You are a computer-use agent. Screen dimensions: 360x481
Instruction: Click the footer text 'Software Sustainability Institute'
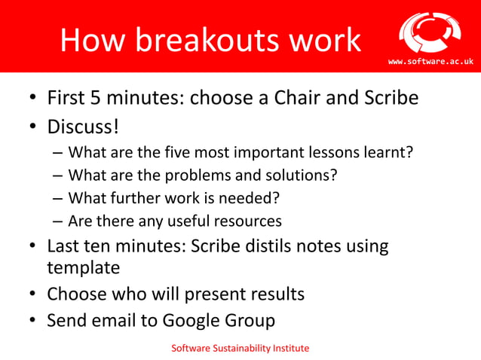tap(240, 348)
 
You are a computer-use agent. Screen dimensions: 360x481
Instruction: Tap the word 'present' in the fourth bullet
tap(215, 294)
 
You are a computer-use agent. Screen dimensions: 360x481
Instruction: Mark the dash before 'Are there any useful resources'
tap(58, 221)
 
